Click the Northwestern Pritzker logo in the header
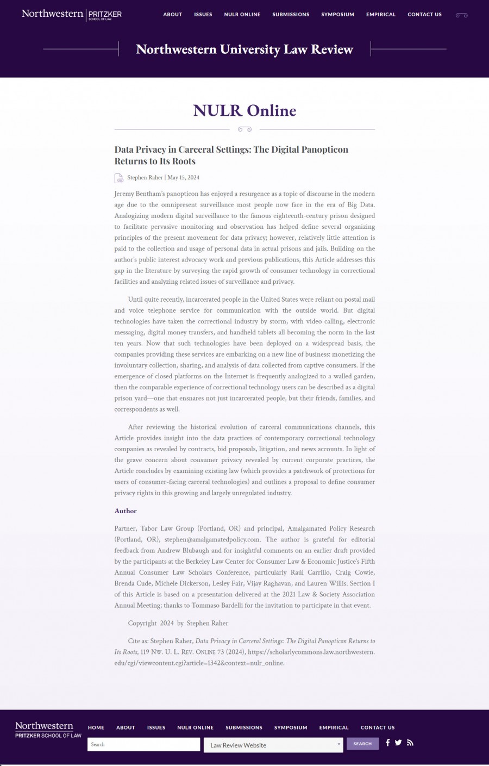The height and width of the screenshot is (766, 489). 71,14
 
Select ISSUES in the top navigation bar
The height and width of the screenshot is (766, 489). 203,15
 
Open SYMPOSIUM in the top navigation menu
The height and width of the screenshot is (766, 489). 337,15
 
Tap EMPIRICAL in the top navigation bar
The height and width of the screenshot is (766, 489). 381,15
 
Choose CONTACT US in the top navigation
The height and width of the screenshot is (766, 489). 424,15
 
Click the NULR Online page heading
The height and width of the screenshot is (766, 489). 244,110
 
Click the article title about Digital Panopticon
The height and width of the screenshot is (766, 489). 231,155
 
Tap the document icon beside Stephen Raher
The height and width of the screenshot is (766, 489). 119,178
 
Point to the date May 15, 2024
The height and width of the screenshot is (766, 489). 183,178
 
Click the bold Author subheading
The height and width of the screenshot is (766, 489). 126,511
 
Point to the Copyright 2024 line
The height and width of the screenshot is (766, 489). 178,623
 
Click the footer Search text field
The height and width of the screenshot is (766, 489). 143,744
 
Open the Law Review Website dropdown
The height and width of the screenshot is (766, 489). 273,745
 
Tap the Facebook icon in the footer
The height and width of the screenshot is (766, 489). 387,743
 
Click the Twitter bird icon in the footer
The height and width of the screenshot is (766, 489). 398,743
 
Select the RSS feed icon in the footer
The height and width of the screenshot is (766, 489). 410,743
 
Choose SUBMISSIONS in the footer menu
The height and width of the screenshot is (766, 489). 244,727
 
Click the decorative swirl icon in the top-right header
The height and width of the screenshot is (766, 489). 461,15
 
